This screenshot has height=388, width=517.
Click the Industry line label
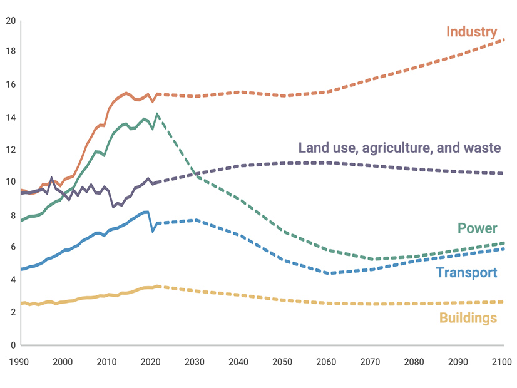(471, 32)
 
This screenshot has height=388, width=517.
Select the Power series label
(477, 228)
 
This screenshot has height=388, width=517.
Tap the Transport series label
(466, 272)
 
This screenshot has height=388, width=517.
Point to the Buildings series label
(468, 318)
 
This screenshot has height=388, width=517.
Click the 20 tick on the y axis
(10, 20)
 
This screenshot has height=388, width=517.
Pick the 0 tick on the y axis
(13, 345)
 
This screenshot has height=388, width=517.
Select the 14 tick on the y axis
(10, 118)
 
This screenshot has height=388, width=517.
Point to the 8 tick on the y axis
(13, 215)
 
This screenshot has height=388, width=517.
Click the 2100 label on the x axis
(502, 362)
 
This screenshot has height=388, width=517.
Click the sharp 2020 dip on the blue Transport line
(153, 231)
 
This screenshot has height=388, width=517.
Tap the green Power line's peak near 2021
(157, 114)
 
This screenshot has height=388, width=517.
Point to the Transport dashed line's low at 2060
(330, 273)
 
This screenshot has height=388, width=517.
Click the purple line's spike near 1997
(51, 178)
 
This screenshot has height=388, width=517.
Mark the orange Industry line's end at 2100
(503, 40)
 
